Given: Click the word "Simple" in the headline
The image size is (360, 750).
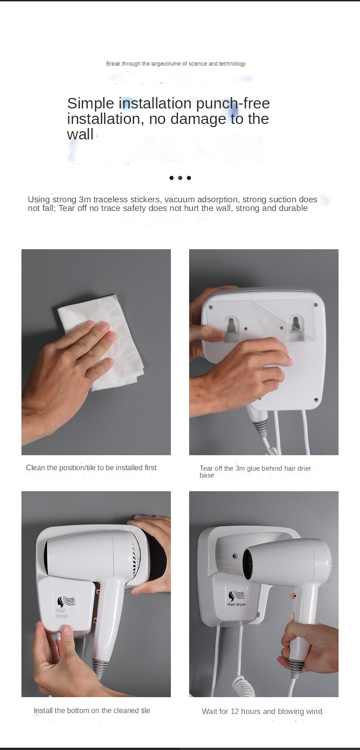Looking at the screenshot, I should [91, 103].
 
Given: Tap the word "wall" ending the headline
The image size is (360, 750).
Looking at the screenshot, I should [80, 134].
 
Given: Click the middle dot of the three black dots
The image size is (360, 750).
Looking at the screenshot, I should [180, 178].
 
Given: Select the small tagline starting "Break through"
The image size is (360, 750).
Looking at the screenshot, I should [175, 64].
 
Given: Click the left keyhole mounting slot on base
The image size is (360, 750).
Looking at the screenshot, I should [231, 325].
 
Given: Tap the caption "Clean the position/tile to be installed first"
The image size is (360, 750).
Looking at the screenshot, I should [91, 468].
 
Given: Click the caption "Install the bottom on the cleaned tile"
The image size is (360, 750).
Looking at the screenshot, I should [92, 710].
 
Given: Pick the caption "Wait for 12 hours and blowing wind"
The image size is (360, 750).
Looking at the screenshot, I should [262, 711].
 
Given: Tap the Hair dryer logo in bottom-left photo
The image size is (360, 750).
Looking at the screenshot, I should [65, 606].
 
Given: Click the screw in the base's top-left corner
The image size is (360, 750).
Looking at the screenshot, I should [211, 307].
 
